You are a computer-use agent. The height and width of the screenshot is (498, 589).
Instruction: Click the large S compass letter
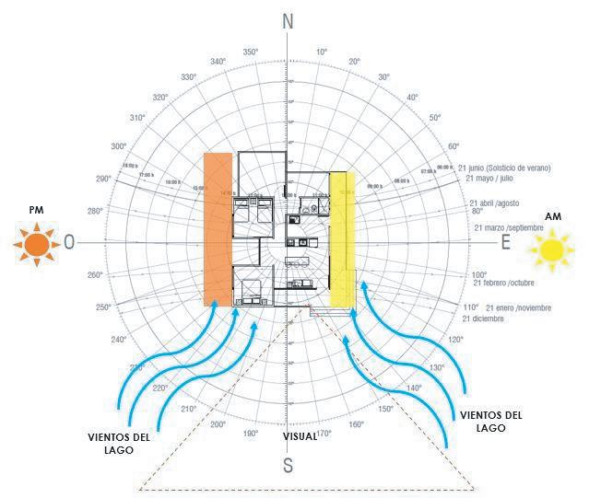pyautogui.click(x=288, y=465)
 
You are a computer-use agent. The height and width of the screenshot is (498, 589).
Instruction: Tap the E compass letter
pyautogui.click(x=504, y=244)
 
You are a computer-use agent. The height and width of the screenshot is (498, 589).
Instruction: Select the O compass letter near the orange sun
pyautogui.click(x=69, y=244)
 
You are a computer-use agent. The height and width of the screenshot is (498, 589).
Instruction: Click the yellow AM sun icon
pyautogui.click(x=551, y=249)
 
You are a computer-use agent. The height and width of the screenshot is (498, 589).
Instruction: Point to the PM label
pyautogui.click(x=36, y=211)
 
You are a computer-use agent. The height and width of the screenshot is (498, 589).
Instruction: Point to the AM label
pyautogui.click(x=553, y=216)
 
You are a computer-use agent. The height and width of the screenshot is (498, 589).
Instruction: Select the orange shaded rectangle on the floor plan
pyautogui.click(x=218, y=228)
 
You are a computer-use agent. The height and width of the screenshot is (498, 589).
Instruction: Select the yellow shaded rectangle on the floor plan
pyautogui.click(x=343, y=239)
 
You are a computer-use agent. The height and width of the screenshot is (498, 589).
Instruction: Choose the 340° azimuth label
pyautogui.click(x=218, y=62)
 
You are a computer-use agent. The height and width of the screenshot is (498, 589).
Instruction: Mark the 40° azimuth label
pyautogui.click(x=412, y=97)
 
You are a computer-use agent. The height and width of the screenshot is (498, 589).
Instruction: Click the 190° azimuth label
pyautogui.click(x=251, y=432)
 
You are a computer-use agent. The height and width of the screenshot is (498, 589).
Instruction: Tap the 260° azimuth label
pyautogui.click(x=94, y=275)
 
